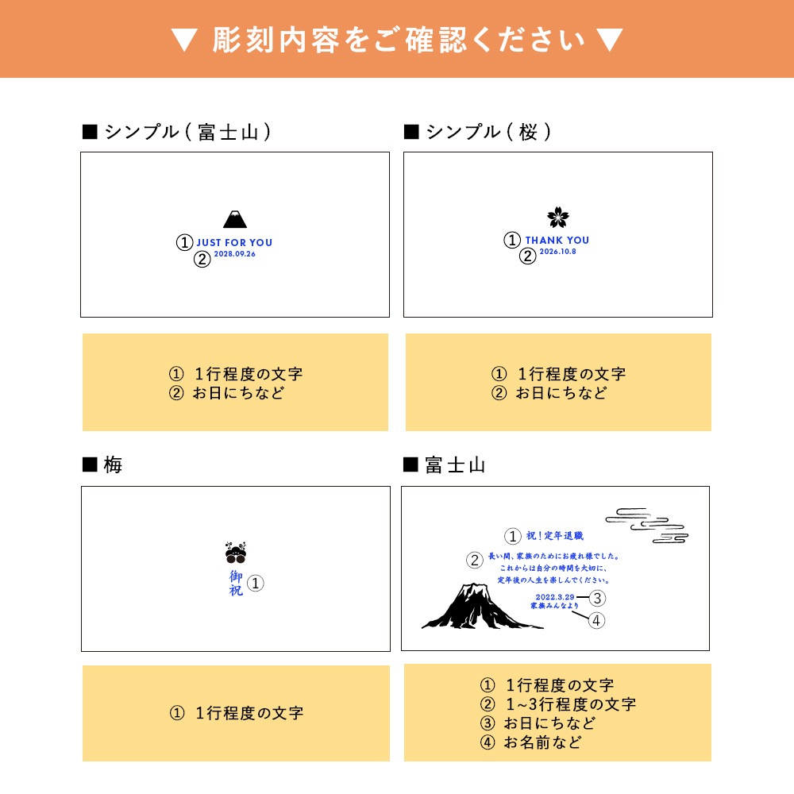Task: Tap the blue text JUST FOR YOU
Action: pyautogui.click(x=234, y=243)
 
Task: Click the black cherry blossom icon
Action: pyautogui.click(x=558, y=218)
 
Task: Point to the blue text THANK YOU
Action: pyautogui.click(x=557, y=241)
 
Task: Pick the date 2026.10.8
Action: pyautogui.click(x=557, y=252)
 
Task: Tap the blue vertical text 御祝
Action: pyautogui.click(x=237, y=583)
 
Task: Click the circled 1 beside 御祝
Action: pyautogui.click(x=255, y=584)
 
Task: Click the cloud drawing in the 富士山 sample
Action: pyautogui.click(x=647, y=525)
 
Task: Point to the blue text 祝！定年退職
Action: pyautogui.click(x=555, y=537)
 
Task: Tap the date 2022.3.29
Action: pyautogui.click(x=555, y=596)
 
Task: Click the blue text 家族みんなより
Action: pyautogui.click(x=555, y=607)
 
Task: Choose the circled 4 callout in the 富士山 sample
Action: pyautogui.click(x=597, y=620)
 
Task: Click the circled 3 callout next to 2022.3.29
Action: pyautogui.click(x=597, y=598)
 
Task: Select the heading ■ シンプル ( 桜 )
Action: pyautogui.click(x=477, y=132)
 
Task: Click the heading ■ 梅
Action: pyautogui.click(x=102, y=465)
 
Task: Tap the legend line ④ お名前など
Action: pyautogui.click(x=530, y=742)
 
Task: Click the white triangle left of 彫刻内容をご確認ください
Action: pyautogui.click(x=183, y=40)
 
